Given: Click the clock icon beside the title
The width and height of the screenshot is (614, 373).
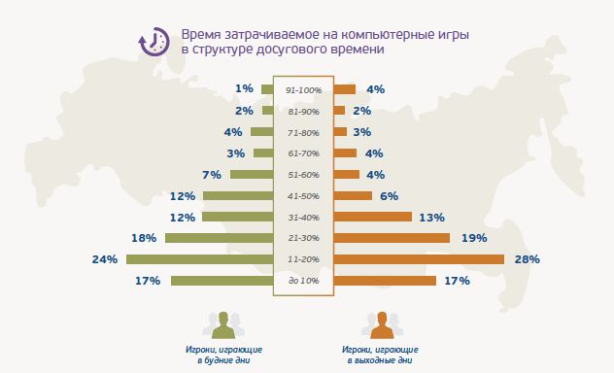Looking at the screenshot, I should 153,41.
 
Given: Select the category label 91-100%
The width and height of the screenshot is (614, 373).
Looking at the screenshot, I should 303,89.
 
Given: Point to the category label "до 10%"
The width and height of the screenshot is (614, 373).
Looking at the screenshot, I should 303,281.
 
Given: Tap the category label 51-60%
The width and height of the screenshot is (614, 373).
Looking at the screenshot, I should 303,175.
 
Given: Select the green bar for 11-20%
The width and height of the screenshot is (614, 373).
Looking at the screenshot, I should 199,259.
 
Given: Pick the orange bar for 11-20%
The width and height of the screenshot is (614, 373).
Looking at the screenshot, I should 419,259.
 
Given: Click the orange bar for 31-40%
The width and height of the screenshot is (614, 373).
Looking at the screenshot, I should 373,217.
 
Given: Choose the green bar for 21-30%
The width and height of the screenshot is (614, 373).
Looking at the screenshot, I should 219,238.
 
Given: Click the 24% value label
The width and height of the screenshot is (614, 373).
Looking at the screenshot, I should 105,259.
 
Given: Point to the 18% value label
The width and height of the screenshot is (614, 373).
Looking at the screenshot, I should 144,238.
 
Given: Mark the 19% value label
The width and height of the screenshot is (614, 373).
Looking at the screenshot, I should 473,238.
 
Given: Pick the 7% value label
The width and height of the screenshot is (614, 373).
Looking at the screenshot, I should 213,175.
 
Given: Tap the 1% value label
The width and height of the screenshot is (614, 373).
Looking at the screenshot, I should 245,89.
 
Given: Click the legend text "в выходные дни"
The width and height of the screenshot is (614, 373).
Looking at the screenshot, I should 380,358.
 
